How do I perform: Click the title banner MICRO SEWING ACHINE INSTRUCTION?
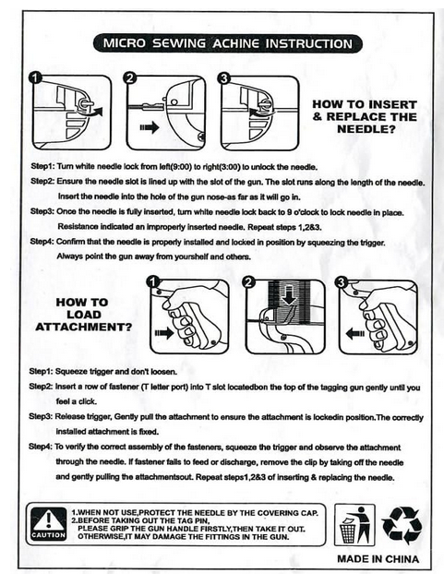(x=228, y=43)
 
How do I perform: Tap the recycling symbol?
(x=402, y=526)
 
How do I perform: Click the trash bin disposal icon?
(x=354, y=524)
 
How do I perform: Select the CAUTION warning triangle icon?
(x=49, y=524)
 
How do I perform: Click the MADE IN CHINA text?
(x=378, y=559)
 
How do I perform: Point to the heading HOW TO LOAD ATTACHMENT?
(x=83, y=315)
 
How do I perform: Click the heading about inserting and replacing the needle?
(x=365, y=116)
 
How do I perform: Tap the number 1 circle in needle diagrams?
(x=35, y=78)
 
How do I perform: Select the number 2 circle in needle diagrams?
(x=130, y=78)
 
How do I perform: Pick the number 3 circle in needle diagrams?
(x=224, y=78)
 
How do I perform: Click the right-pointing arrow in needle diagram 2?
(x=150, y=127)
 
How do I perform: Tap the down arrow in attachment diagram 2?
(x=289, y=294)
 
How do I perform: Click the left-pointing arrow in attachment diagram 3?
(x=355, y=333)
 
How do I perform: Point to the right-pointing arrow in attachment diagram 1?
(x=164, y=332)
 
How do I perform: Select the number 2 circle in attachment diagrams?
(x=249, y=282)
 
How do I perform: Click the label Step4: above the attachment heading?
(x=42, y=242)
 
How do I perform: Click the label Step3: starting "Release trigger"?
(x=41, y=417)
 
